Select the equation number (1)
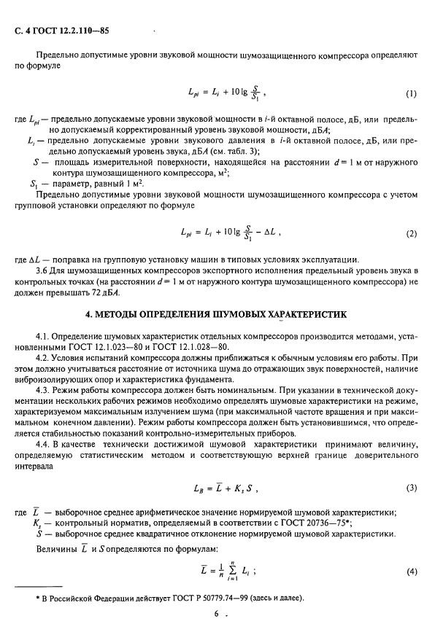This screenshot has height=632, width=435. tap(410, 95)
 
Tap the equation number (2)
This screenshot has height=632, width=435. tap(410, 235)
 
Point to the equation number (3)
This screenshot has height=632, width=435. tap(410, 487)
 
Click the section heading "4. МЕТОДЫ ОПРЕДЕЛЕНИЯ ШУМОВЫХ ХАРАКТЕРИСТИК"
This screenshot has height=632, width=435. tap(217, 314)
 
